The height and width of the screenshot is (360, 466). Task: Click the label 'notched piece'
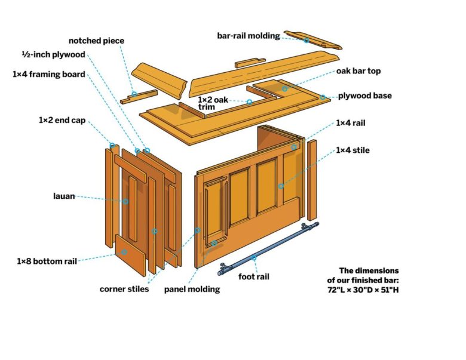pos(96,41)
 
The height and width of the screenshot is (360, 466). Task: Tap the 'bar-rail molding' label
pos(248,35)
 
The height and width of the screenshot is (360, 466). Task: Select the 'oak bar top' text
pos(358,71)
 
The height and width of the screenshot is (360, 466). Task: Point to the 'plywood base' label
pos(365,96)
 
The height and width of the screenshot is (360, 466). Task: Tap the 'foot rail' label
pos(255,276)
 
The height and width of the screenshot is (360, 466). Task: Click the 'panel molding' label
pos(192,290)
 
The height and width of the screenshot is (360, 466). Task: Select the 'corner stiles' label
pos(124,290)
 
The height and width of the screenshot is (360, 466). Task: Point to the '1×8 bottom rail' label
pos(47,261)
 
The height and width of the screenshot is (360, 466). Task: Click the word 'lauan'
pos(63,196)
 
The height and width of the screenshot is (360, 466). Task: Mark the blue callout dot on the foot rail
pos(253,258)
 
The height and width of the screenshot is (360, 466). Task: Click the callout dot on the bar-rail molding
pos(306,41)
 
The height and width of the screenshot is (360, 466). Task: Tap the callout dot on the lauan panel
pos(125,202)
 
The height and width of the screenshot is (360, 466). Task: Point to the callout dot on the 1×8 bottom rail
pos(124,252)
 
